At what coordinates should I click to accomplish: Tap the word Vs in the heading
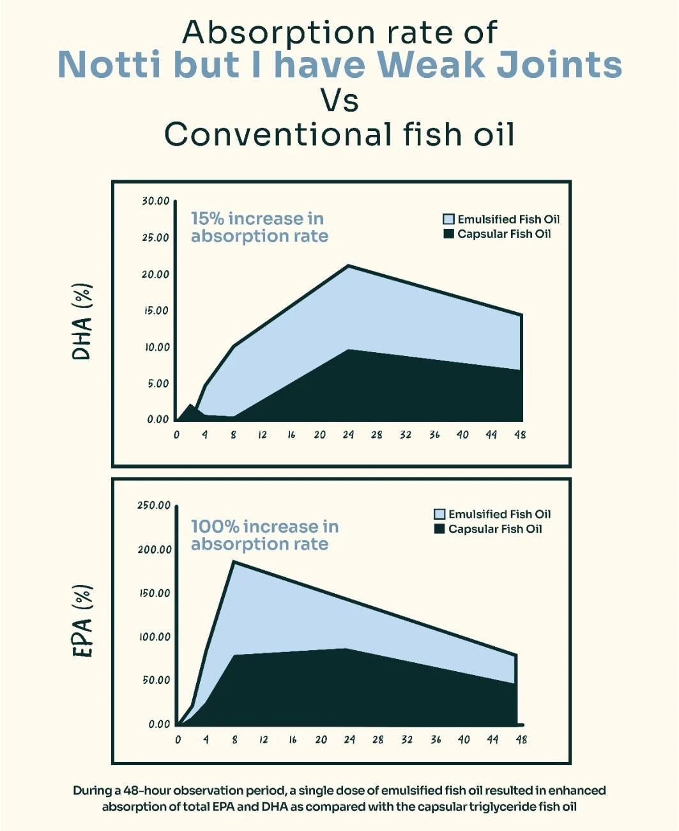[x=339, y=100]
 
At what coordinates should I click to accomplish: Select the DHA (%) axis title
[x=82, y=322]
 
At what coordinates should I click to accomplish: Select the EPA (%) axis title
[x=82, y=621]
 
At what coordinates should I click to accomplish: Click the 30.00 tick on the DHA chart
[x=155, y=201]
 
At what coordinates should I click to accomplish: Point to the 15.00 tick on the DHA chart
[x=155, y=311]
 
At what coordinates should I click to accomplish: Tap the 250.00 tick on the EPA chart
[x=154, y=506]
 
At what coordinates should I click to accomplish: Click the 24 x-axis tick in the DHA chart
[x=348, y=435]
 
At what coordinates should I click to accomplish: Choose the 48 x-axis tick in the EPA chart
[x=521, y=740]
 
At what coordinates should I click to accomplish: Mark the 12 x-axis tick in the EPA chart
[x=263, y=740]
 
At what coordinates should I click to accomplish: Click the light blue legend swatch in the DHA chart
[x=448, y=219]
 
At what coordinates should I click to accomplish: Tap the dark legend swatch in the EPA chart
[x=439, y=529]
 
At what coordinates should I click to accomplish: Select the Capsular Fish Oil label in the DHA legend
[x=504, y=234]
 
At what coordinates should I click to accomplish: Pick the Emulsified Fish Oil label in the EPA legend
[x=499, y=514]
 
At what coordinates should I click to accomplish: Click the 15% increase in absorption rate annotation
[x=259, y=228]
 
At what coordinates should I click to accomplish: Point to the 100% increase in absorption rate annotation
[x=264, y=535]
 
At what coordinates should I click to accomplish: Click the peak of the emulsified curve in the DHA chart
[x=348, y=265]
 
